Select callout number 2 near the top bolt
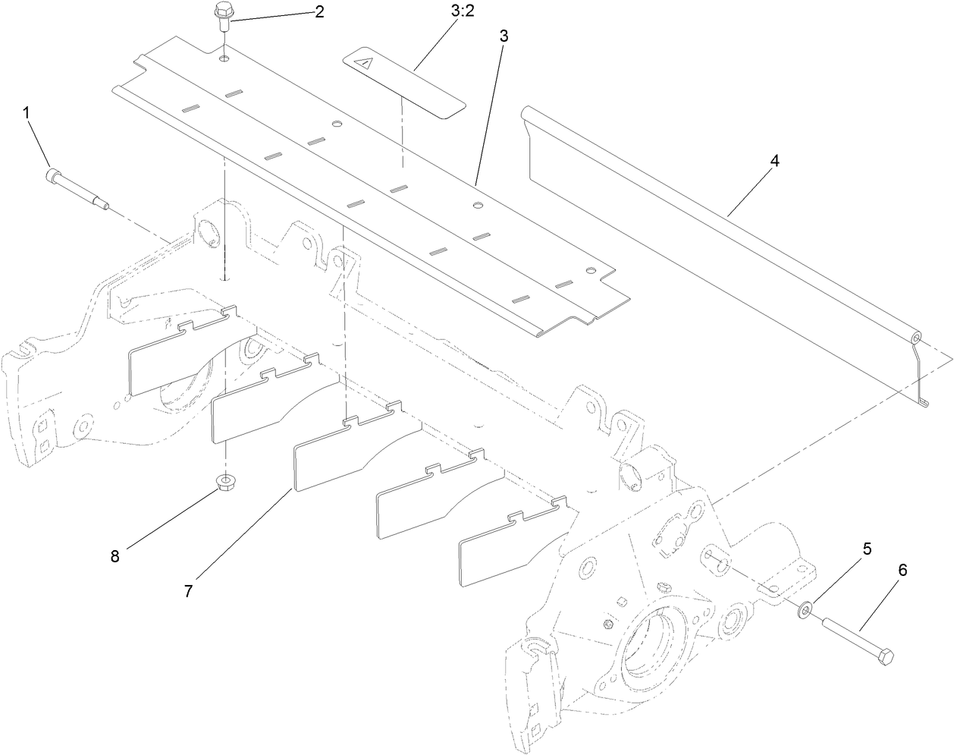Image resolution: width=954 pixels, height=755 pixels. click(319, 13)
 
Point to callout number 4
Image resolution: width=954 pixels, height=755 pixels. click(774, 162)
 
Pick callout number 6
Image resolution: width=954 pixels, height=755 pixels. click(902, 570)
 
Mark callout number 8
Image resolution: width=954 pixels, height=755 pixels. click(115, 556)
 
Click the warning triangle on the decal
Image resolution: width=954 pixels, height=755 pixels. click(366, 64)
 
